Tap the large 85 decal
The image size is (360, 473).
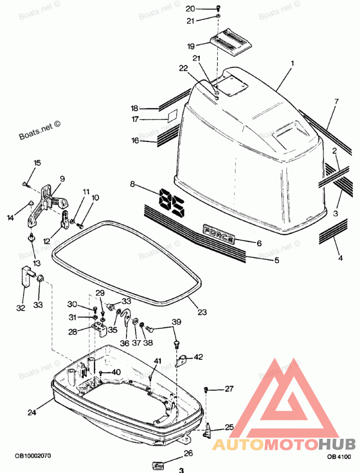tap(172, 202)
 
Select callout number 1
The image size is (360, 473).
tap(292, 64)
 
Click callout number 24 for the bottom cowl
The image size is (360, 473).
tap(31, 411)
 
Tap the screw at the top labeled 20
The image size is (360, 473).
tap(218, 8)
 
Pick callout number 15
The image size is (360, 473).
tap(37, 163)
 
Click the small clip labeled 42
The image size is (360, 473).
tap(182, 360)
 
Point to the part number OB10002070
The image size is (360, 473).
tap(31, 455)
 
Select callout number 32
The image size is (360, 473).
tap(21, 308)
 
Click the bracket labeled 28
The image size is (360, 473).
tap(101, 329)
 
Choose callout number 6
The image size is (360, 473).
tap(259, 243)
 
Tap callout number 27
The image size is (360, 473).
tap(229, 388)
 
